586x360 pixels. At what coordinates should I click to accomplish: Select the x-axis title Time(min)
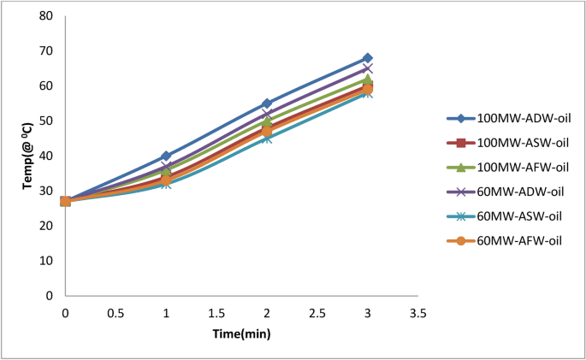tap(241, 333)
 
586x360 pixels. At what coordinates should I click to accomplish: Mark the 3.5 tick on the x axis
tap(418, 313)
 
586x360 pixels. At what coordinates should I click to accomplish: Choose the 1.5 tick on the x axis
tap(216, 313)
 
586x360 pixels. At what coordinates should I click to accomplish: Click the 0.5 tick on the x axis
tap(115, 313)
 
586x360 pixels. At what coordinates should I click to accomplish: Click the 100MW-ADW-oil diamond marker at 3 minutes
tap(367, 58)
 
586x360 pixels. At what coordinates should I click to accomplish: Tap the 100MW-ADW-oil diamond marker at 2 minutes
tap(267, 103)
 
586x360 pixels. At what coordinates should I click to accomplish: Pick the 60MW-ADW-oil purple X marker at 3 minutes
tap(367, 68)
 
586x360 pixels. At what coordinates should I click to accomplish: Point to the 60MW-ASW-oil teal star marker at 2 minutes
tap(267, 138)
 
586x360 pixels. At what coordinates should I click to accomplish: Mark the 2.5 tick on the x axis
tap(317, 313)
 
